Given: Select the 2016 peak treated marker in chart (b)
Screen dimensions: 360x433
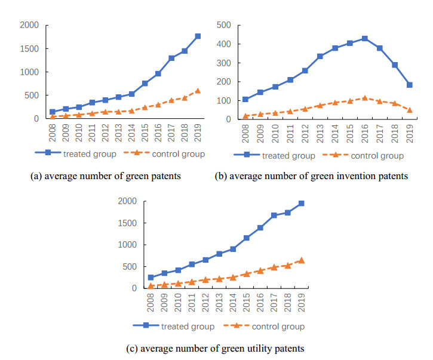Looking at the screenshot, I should pos(364,38).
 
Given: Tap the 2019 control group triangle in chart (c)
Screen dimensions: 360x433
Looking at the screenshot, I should pos(301,260).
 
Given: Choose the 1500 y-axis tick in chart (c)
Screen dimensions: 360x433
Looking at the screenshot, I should pos(130,223).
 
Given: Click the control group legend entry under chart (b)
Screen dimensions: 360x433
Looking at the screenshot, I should pos(363,156).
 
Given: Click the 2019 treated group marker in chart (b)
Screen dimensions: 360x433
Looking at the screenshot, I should pos(410,85).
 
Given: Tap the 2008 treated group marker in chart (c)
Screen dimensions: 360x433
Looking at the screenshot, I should pos(151,278).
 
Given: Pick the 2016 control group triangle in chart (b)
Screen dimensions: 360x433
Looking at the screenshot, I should pos(364,98).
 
